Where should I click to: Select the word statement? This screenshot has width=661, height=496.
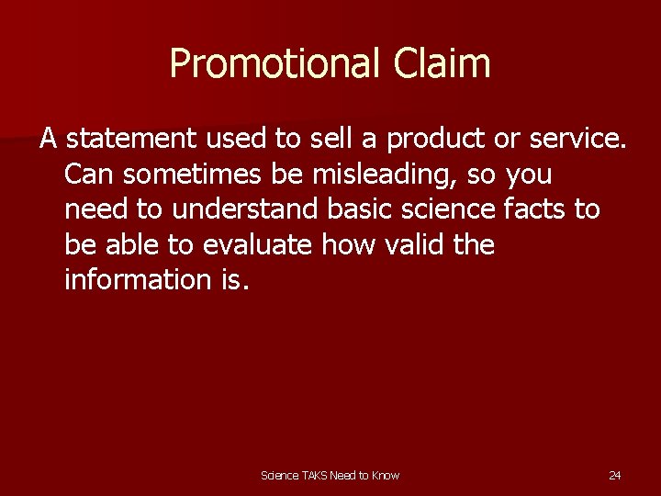click(131, 139)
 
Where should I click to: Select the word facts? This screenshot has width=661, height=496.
click(535, 209)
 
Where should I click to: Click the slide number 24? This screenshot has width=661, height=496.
click(615, 475)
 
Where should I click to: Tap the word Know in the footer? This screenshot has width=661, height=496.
click(386, 475)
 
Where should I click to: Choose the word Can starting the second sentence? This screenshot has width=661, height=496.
click(86, 175)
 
